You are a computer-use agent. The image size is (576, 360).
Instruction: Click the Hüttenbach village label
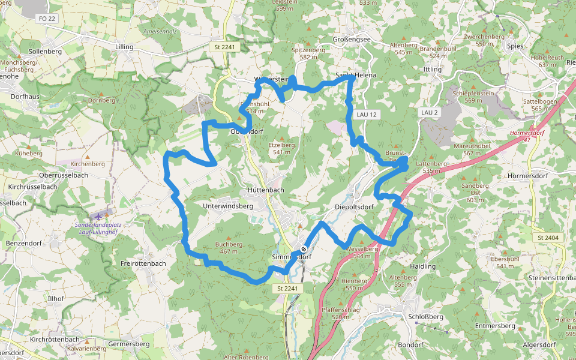coord(265,190)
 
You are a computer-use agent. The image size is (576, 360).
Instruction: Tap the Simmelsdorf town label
coord(292,257)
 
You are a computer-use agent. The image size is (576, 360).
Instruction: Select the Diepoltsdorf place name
coord(354,207)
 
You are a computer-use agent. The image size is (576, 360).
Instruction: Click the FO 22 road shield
coord(47,19)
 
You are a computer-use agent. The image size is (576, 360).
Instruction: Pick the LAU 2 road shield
coord(430,113)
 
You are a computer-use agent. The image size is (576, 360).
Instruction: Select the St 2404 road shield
coord(548,238)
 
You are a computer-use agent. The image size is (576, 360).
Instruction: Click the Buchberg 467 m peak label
coord(229,248)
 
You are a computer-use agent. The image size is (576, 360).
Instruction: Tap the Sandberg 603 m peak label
coord(474,193)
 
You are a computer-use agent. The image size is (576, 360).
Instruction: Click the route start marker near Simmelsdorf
coord(304,249)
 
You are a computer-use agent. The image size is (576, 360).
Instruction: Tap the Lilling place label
coord(124,46)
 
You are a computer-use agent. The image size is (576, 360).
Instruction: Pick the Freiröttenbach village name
coord(143,263)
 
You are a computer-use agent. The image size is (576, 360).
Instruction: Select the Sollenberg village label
coord(45,52)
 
